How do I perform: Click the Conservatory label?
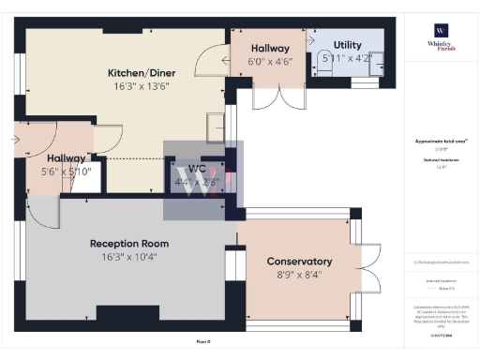(x=299, y=261)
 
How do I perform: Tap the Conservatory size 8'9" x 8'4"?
(x=299, y=275)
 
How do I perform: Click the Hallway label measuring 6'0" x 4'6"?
(x=270, y=48)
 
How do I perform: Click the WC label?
(x=198, y=169)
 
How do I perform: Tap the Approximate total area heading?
(x=441, y=141)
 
